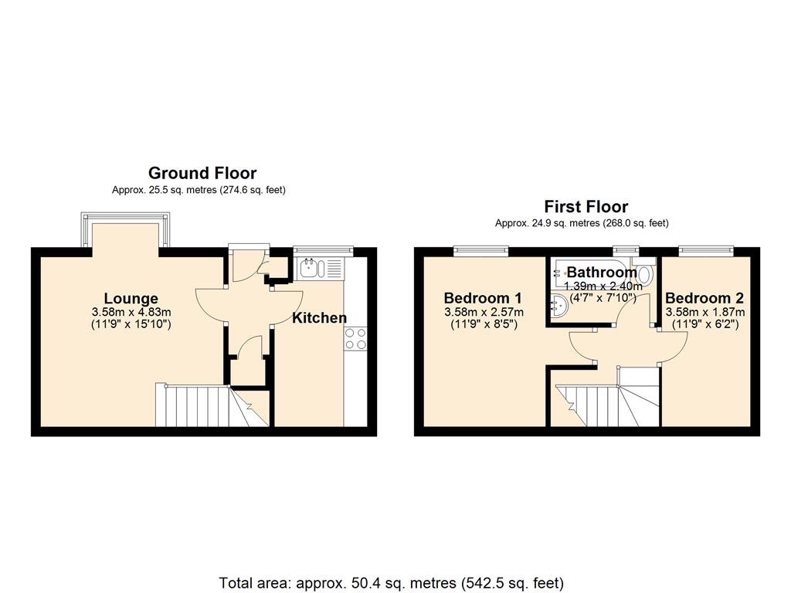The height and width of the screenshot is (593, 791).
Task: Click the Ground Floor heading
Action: pyautogui.click(x=202, y=173)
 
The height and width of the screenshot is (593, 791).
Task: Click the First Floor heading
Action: pyautogui.click(x=586, y=206)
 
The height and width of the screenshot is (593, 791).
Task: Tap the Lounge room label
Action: pyautogui.click(x=131, y=298)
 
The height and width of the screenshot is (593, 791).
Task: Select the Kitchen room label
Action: pyautogui.click(x=319, y=317)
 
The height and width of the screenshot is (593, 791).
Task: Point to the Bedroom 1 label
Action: pyautogui.click(x=483, y=298)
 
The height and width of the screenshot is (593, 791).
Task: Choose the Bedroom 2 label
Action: pyautogui.click(x=704, y=298)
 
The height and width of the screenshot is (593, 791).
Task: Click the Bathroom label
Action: pyautogui.click(x=602, y=272)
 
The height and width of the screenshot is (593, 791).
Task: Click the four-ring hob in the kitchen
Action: pyautogui.click(x=355, y=338)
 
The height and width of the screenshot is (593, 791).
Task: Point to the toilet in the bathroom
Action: pyautogui.click(x=646, y=273)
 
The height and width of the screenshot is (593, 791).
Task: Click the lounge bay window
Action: pyautogui.click(x=125, y=232)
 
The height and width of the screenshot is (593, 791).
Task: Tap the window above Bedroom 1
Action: pyautogui.click(x=480, y=249)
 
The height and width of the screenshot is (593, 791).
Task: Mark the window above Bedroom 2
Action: pyautogui.click(x=704, y=249)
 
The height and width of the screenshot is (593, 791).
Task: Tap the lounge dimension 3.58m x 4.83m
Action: pyautogui.click(x=131, y=313)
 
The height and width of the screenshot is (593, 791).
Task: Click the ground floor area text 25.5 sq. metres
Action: pyautogui.click(x=199, y=190)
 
